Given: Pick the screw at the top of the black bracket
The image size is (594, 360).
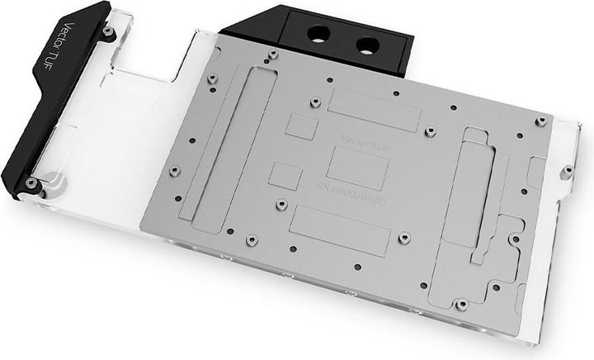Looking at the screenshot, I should click(x=108, y=31).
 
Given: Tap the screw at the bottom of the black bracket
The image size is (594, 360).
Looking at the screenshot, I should click(x=32, y=182).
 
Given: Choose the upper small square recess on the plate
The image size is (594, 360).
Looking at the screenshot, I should click(x=302, y=126).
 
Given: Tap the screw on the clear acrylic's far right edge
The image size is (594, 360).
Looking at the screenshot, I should click(x=568, y=173).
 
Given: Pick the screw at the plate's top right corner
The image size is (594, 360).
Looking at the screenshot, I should click(x=541, y=121).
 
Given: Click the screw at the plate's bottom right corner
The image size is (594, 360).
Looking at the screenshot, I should click(x=461, y=305).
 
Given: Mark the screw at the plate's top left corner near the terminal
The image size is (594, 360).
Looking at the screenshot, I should click(x=272, y=55).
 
